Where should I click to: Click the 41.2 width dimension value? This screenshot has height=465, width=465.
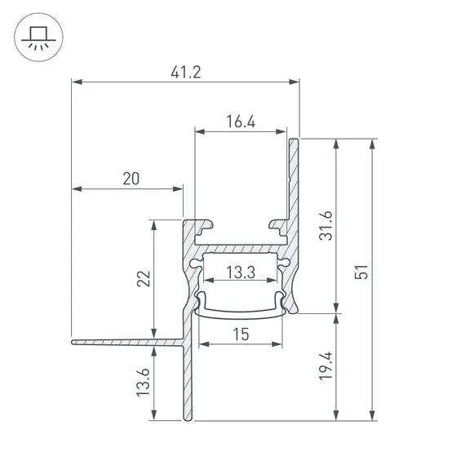(186, 73)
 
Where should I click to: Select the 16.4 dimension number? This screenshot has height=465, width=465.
(241, 122)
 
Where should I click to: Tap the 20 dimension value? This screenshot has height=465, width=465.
(131, 179)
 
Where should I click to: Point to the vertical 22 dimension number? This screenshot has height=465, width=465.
(144, 278)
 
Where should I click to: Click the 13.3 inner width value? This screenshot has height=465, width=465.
(241, 272)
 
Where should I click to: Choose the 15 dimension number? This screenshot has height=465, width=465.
(241, 334)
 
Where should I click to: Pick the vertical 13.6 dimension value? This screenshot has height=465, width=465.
(143, 383)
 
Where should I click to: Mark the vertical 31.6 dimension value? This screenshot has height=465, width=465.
(325, 225)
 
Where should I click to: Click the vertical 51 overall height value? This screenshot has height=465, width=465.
(361, 272)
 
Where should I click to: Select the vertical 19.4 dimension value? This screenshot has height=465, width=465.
(325, 366)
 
